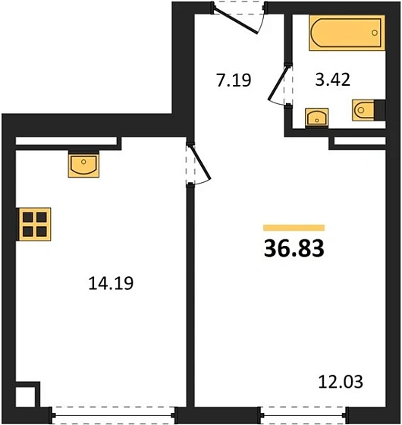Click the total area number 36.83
[x=294, y=248]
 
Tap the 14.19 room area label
[x=111, y=283]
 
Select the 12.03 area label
[x=341, y=382]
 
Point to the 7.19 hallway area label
[x=234, y=80]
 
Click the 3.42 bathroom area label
[x=333, y=80]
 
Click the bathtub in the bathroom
[x=347, y=33]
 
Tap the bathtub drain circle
[x=375, y=33]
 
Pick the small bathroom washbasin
[x=317, y=118]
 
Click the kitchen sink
[x=83, y=165]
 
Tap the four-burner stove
[x=35, y=224]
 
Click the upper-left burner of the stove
[x=28, y=217]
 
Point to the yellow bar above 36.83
[x=294, y=228]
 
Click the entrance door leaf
[x=235, y=21]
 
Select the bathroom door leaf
[x=278, y=83]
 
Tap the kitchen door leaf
[x=201, y=162]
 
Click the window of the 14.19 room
[x=113, y=415]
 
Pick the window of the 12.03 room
[x=303, y=415]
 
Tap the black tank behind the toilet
[x=380, y=110]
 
